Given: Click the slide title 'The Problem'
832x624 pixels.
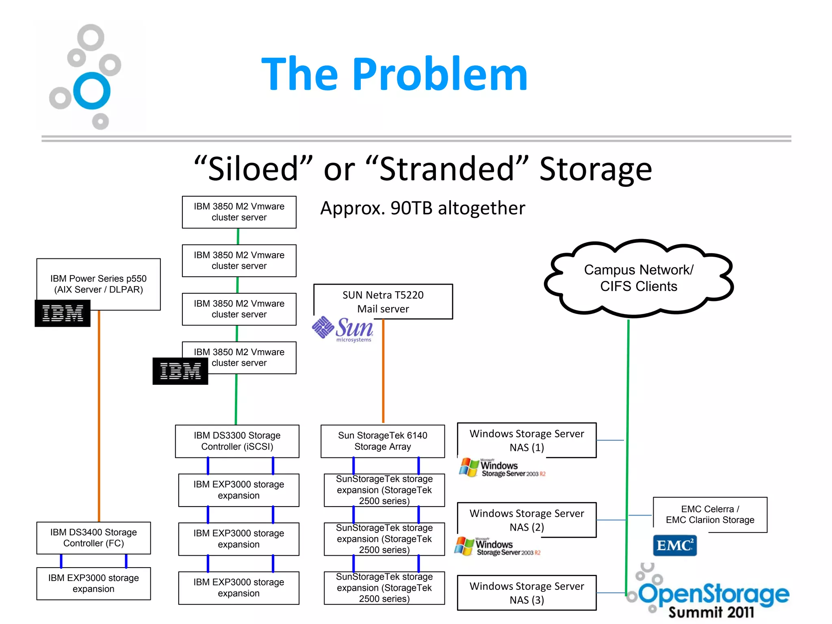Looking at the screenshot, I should click(394, 74).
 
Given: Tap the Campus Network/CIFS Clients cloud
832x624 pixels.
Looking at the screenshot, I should click(639, 278).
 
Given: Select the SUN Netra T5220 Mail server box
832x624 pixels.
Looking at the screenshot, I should click(383, 301).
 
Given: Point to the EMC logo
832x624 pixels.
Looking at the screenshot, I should click(674, 545).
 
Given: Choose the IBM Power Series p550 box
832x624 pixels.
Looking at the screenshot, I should click(98, 284).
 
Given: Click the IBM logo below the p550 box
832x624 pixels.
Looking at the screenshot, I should click(63, 313).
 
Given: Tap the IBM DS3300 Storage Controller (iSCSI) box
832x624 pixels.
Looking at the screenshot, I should click(237, 441).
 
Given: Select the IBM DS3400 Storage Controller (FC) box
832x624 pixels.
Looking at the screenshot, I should click(93, 538).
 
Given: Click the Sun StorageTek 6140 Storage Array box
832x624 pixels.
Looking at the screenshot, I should click(383, 441).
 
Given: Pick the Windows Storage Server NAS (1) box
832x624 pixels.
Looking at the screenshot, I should click(526, 440).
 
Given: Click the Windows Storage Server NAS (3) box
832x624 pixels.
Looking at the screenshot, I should click(526, 593).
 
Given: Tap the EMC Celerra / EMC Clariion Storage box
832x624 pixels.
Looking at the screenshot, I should click(710, 515).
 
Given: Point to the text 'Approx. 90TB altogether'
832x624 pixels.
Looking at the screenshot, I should click(422, 208).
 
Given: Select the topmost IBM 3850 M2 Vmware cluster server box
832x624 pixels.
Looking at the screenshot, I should click(239, 212).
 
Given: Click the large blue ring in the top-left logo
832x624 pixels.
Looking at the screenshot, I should click(92, 91).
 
